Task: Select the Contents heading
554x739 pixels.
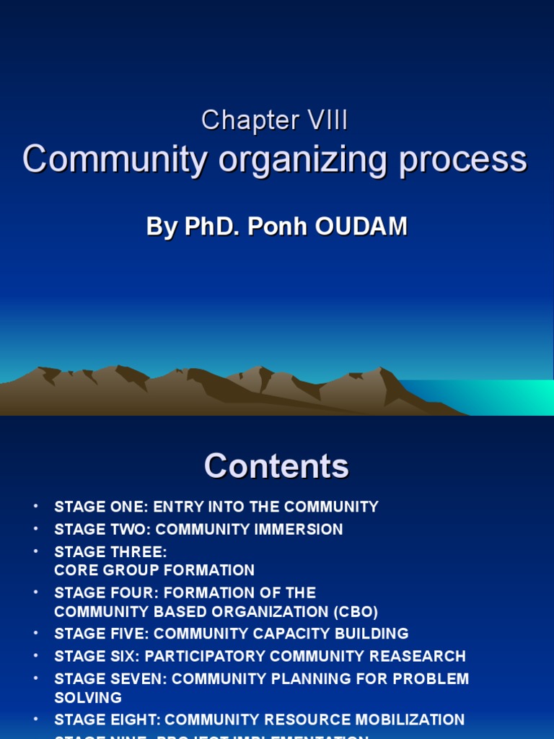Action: (276, 465)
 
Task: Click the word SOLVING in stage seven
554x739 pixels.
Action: (88, 698)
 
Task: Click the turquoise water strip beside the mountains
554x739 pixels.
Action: (491, 397)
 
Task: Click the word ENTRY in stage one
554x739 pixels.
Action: (175, 507)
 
